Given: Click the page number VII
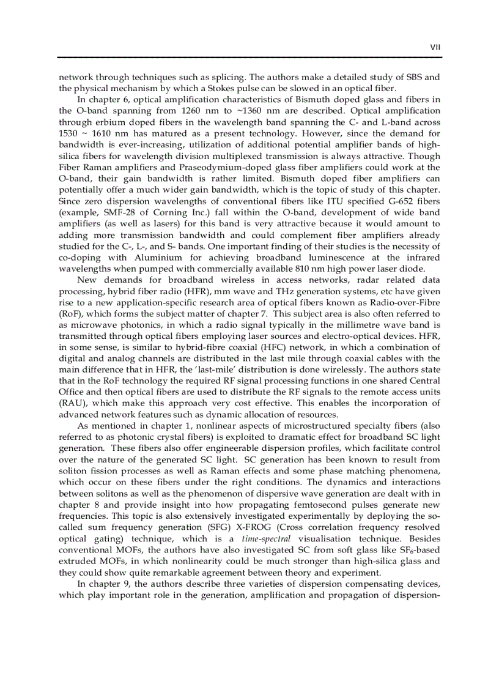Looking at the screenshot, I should point(435,46).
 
